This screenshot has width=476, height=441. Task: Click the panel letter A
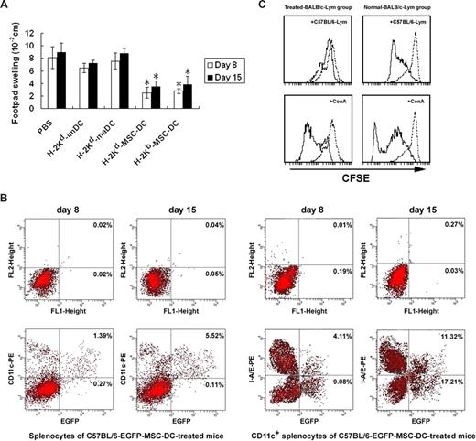tap(8, 7)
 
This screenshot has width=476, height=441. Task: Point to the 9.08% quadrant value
tap(332, 378)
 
